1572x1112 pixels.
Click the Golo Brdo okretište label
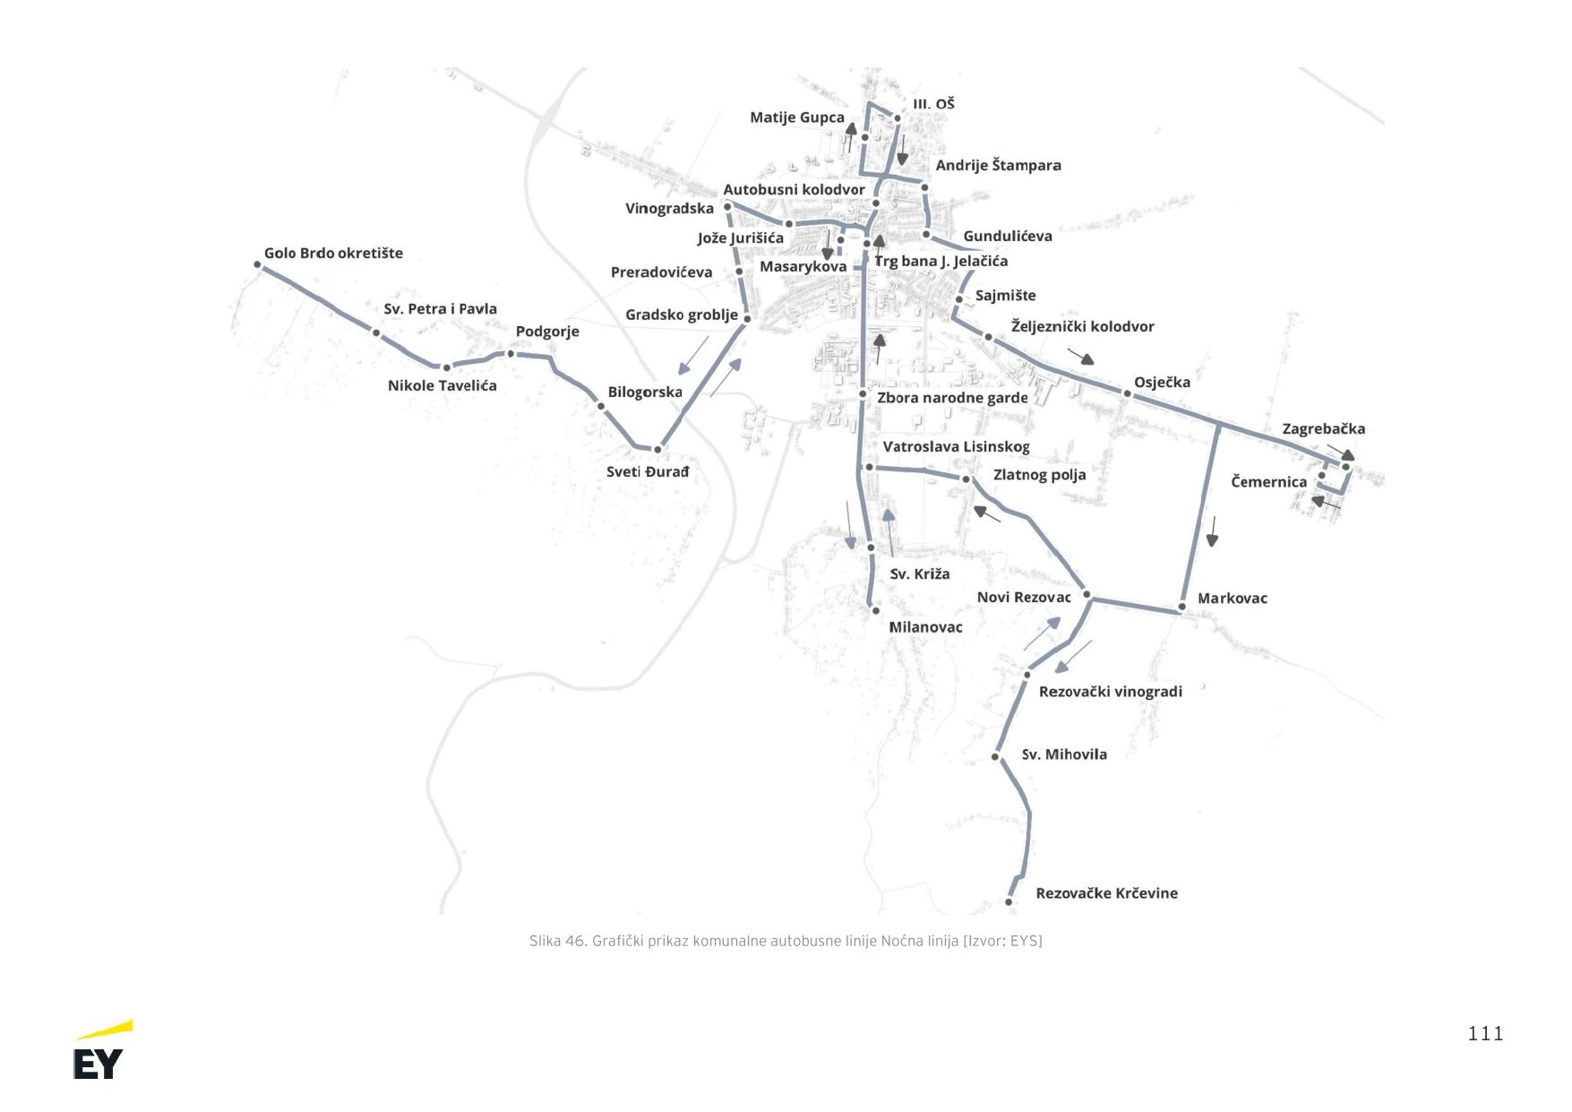coord(333,254)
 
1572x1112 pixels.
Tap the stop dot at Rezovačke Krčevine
coord(1009,901)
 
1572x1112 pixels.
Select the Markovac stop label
coord(1232,599)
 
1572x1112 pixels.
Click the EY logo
coord(102,1051)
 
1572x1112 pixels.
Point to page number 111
coord(1484,1034)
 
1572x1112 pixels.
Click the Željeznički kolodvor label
coord(1082,327)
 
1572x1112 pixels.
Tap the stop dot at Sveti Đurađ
coord(657,450)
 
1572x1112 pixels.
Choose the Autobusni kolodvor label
coord(794,190)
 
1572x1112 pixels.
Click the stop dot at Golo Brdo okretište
coord(257,264)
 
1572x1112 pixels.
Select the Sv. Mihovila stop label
coord(1064,754)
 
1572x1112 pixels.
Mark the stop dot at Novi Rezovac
coord(1087,594)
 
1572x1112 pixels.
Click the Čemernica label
coord(1268,482)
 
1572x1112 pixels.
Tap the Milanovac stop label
coord(925,627)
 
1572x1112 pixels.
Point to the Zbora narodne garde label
coord(952,398)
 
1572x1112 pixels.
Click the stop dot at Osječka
coord(1127,393)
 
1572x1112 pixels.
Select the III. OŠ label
coord(933,105)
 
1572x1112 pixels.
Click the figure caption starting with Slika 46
coord(786,941)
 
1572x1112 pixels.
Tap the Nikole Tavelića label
coord(442,386)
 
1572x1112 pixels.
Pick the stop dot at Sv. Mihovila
coord(995,757)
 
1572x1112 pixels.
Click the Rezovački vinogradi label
coord(1110,692)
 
